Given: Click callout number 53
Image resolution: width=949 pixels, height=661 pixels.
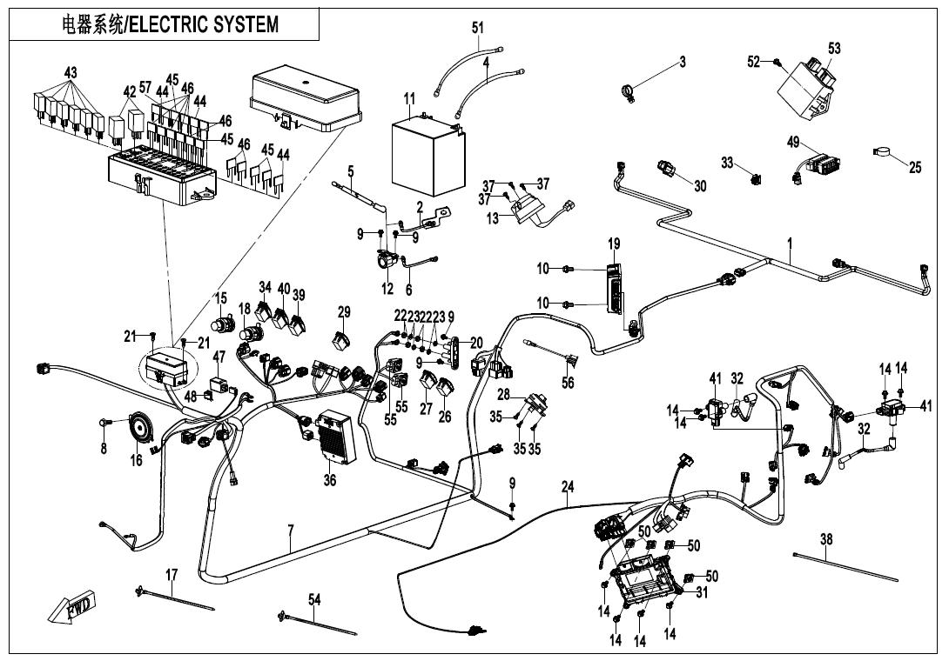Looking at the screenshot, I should point(834,49).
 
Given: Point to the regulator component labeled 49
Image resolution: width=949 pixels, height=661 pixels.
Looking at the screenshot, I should point(827,163).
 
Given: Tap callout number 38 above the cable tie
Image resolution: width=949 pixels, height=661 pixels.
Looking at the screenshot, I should point(826,539).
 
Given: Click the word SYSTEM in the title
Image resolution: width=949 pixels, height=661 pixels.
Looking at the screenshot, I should point(247,24).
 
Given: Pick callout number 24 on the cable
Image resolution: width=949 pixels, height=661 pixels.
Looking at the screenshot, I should point(568,489).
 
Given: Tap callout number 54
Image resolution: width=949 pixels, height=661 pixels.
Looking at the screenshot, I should point(314,598).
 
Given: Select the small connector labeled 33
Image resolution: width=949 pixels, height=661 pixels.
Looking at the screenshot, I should point(755,179).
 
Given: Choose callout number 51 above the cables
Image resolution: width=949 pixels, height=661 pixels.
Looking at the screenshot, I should point(478,28).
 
